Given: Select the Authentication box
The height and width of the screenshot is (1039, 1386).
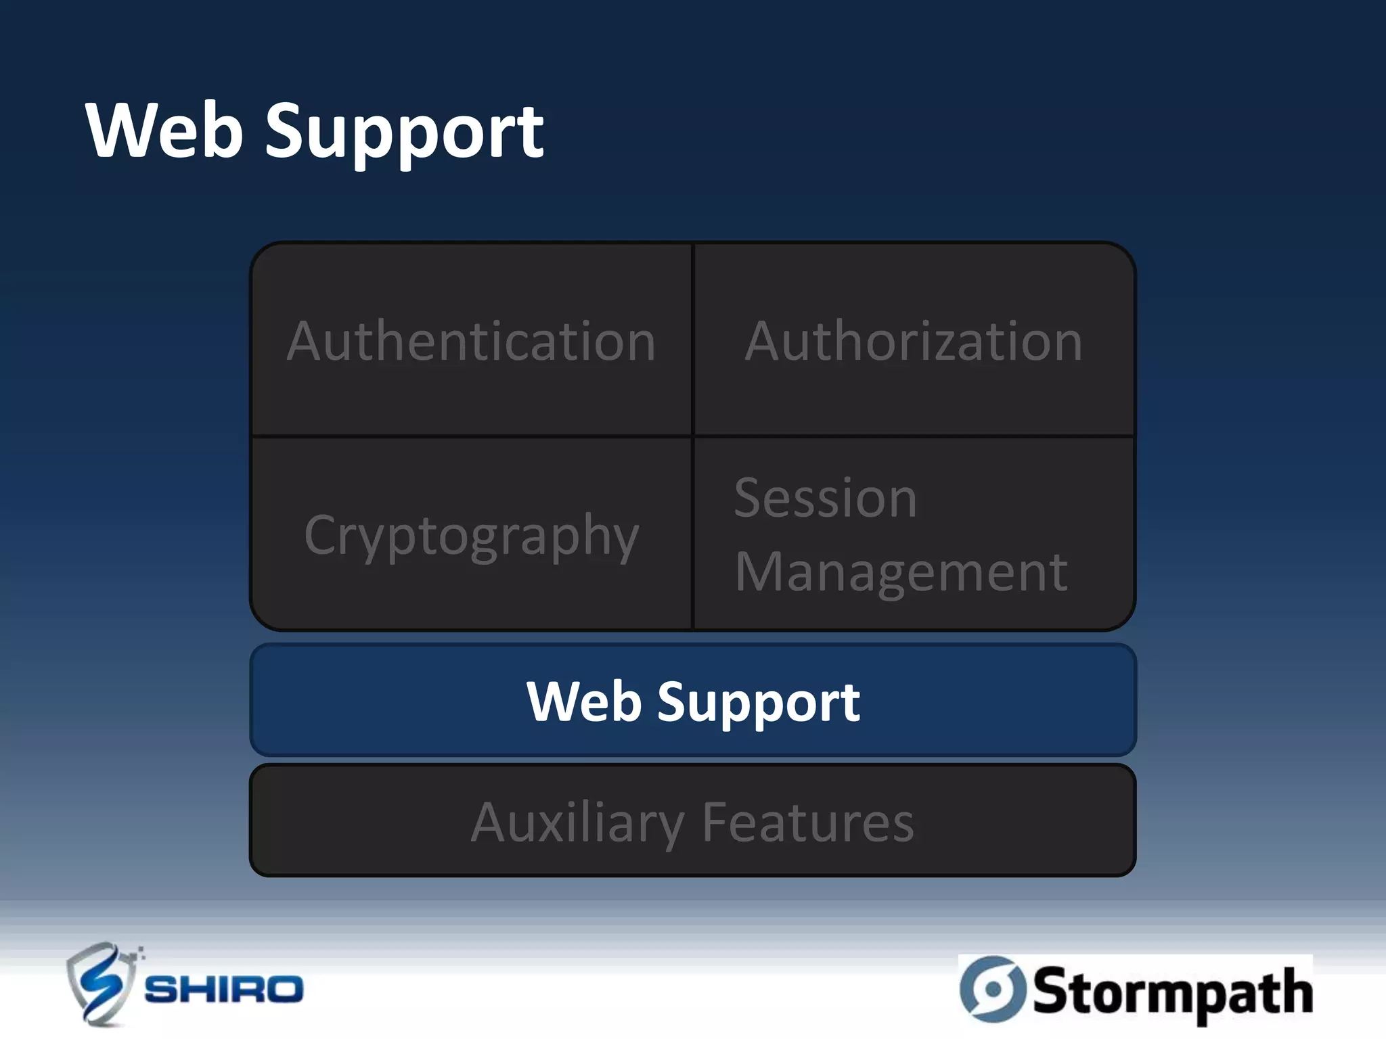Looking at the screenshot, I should coord(471,340).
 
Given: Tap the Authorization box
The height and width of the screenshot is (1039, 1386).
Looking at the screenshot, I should coord(914,340).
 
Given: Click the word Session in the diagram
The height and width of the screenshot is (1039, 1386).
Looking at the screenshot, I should coord(826,498).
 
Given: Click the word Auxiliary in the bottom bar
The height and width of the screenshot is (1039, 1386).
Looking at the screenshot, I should coord(577,823).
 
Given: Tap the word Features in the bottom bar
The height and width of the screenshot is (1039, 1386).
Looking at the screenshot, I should coord(808,823).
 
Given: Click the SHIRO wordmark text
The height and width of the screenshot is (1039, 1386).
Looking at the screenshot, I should coord(224,990).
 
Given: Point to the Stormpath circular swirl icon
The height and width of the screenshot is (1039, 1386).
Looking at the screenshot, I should coord(993,989).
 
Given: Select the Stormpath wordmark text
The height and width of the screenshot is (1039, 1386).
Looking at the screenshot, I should coord(1172,992).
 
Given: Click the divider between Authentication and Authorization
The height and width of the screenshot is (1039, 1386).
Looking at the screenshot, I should coord(693,340).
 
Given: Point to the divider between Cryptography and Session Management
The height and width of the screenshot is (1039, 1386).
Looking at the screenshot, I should coord(693,534).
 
